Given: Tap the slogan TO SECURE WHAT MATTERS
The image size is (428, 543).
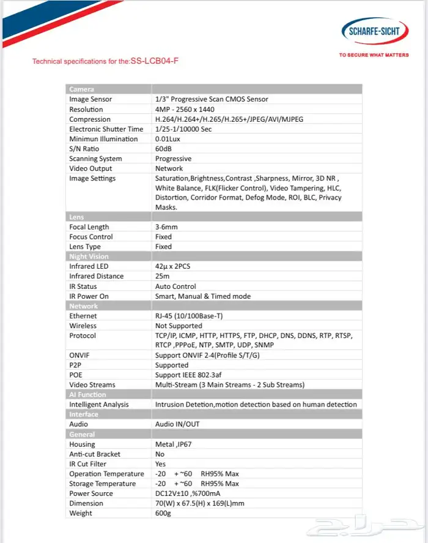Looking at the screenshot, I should [x=374, y=55].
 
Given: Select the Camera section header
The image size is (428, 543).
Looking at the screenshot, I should [x=81, y=89].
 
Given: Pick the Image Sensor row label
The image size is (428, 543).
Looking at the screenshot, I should [x=90, y=99].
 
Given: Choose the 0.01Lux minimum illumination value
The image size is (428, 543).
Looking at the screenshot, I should [x=169, y=139].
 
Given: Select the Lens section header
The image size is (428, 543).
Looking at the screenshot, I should [x=76, y=217].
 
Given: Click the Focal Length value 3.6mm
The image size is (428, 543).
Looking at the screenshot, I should [x=167, y=227].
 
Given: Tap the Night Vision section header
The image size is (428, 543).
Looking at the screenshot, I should [x=89, y=257].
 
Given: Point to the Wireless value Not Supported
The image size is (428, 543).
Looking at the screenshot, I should [x=179, y=326].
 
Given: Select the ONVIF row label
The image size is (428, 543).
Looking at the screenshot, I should [x=80, y=355].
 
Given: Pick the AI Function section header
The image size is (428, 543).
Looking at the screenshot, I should [x=87, y=395].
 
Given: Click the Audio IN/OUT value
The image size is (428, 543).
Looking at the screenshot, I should [x=177, y=424].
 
